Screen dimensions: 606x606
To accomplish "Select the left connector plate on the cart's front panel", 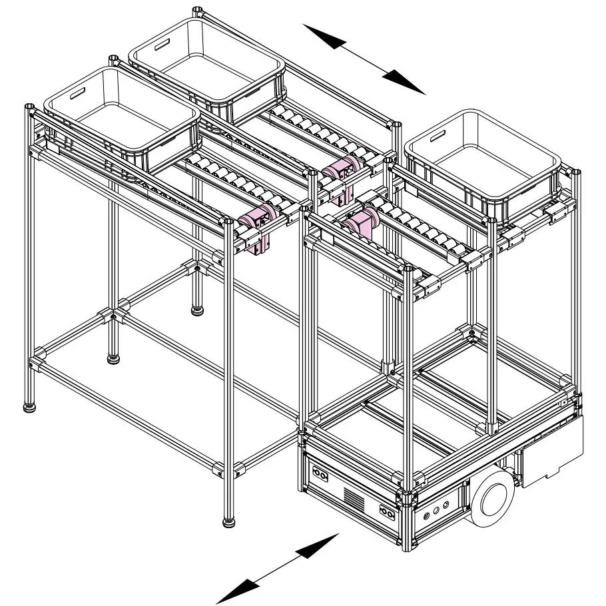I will point(320,476).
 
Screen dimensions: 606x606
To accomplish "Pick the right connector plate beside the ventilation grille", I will point(386,511).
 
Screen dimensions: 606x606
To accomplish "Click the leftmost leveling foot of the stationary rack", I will point(30,407).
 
